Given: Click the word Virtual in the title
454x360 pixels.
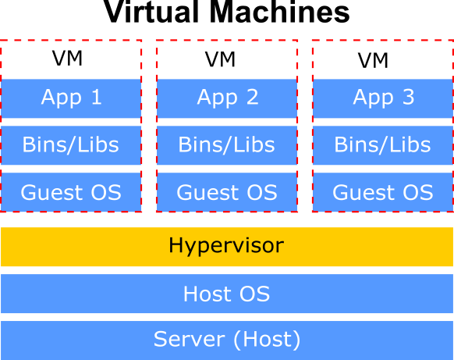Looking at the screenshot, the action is click(151, 12).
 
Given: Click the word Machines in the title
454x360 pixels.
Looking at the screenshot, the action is click(279, 12).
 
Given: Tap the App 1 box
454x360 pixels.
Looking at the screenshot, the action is click(71, 98).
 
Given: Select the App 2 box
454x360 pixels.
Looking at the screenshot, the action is click(227, 98).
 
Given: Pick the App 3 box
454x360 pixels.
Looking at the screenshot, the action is click(383, 98).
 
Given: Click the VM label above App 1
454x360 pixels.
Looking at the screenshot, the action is click(67, 59).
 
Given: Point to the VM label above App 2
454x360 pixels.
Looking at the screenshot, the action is click(220, 59).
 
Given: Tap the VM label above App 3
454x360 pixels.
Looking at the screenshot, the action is click(373, 60).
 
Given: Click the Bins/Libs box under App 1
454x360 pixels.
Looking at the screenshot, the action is click(71, 145).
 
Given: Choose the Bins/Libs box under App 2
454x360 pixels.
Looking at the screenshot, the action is click(227, 145).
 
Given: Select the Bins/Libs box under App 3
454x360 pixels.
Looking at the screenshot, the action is click(383, 145).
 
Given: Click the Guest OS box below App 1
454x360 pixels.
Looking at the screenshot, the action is click(71, 192).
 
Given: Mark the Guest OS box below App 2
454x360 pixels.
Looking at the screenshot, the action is click(227, 192).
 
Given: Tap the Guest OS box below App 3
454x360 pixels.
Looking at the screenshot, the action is click(383, 192).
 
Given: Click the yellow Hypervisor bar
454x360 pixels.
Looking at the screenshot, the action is click(227, 247).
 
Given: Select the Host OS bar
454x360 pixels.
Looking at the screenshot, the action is click(227, 294).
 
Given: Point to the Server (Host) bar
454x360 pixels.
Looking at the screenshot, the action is click(227, 340).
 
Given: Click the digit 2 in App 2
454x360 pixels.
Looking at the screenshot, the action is click(252, 97).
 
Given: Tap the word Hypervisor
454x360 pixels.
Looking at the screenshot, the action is click(226, 246).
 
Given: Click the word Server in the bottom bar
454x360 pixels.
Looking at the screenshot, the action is click(189, 339).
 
